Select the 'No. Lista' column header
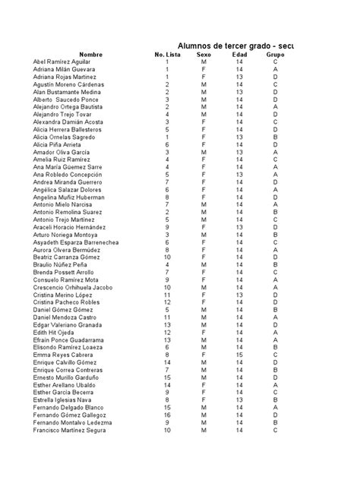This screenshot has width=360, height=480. tap(167, 55)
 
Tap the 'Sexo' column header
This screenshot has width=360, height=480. tap(204, 55)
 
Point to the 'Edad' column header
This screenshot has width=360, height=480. tap(239, 55)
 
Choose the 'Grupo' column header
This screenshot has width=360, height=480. tap(275, 55)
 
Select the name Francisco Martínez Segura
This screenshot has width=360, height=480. tap(70, 431)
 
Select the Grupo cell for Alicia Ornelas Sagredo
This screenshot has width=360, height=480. tap(275, 137)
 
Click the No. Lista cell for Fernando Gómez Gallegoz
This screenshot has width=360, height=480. tap(167, 415)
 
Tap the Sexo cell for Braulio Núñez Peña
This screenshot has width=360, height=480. tap(204, 265)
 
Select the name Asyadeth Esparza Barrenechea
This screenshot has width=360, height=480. tap(75, 242)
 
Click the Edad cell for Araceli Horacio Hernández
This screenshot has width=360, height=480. tap(239, 227)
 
